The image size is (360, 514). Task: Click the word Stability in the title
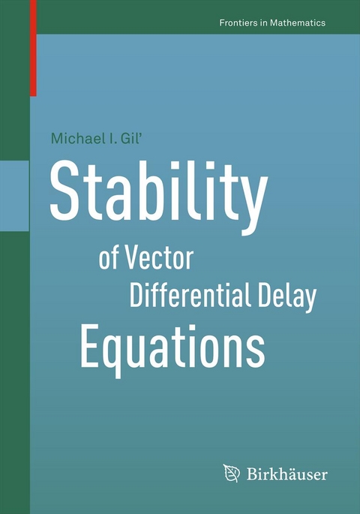pos(157,193)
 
